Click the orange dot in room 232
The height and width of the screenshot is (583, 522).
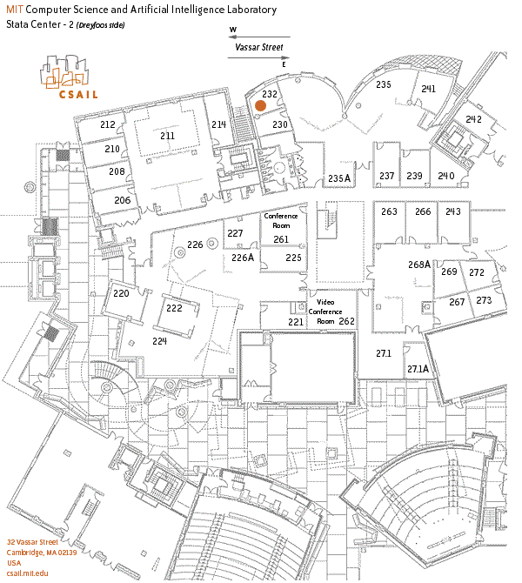click(x=260, y=105)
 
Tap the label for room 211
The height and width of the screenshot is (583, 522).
click(x=167, y=136)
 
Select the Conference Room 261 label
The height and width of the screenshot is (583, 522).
click(x=280, y=228)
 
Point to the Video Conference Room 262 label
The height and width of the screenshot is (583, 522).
click(x=331, y=312)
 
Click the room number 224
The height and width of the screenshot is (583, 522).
click(x=159, y=341)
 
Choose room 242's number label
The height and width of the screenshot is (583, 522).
click(x=473, y=119)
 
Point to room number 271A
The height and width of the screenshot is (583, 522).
click(x=418, y=369)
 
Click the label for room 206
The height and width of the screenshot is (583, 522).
click(x=122, y=200)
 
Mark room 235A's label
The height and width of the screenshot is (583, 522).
click(x=338, y=178)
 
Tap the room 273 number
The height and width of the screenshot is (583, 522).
click(x=485, y=300)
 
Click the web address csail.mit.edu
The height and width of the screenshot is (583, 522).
click(x=28, y=573)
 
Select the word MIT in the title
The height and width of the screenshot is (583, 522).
click(x=15, y=10)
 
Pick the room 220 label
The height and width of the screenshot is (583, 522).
click(x=121, y=293)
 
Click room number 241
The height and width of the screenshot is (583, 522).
click(x=428, y=89)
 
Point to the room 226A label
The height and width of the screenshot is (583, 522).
click(x=243, y=258)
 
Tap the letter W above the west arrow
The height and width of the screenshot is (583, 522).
click(x=233, y=30)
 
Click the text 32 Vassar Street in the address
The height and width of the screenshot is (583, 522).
click(x=32, y=541)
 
